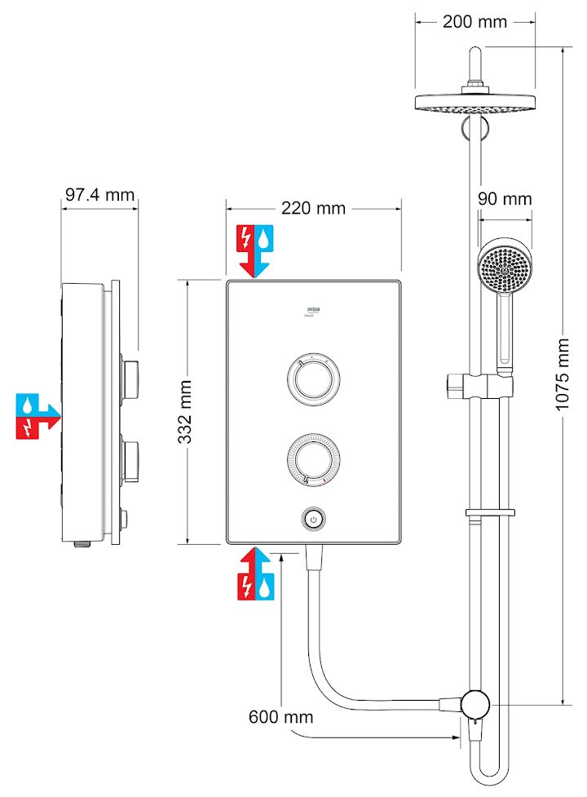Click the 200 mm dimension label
474,22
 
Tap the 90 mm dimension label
505,199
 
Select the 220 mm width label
313,209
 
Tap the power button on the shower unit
314,519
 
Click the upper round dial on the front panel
313,380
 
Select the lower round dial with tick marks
313,458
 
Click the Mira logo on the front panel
313,309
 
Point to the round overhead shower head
475,104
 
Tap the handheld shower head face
504,267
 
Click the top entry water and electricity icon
255,249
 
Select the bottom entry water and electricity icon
255,574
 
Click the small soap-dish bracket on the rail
490,513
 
